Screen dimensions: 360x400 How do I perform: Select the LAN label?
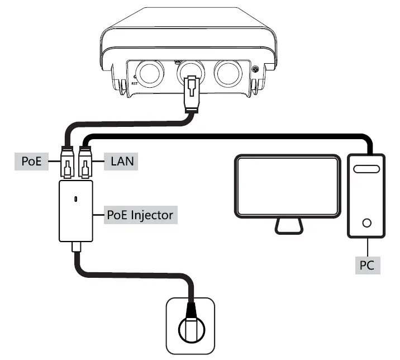tap(121, 162)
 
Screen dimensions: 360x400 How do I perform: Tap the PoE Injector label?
tap(141, 214)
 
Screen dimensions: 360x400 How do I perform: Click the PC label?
tap(367, 264)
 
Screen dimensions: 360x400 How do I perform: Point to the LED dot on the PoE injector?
tap(76, 198)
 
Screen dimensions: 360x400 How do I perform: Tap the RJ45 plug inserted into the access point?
tap(191, 92)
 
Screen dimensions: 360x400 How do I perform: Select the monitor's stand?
tap(288, 226)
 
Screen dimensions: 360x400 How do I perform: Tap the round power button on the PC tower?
tap(366, 222)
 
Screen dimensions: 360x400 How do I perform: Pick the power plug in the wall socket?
tap(191, 327)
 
